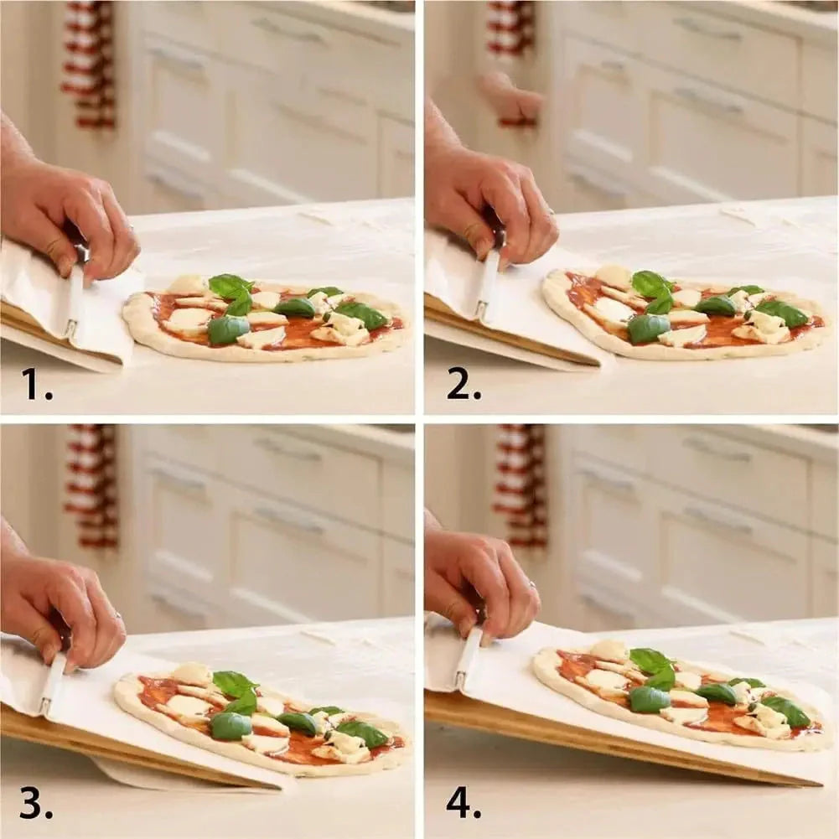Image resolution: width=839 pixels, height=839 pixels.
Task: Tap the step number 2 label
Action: (x=464, y=384)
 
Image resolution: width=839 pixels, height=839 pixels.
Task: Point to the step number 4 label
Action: (x=464, y=803)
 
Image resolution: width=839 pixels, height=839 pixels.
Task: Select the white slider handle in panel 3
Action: (x=53, y=683)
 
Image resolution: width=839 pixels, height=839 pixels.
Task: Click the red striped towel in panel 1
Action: (x=91, y=63)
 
